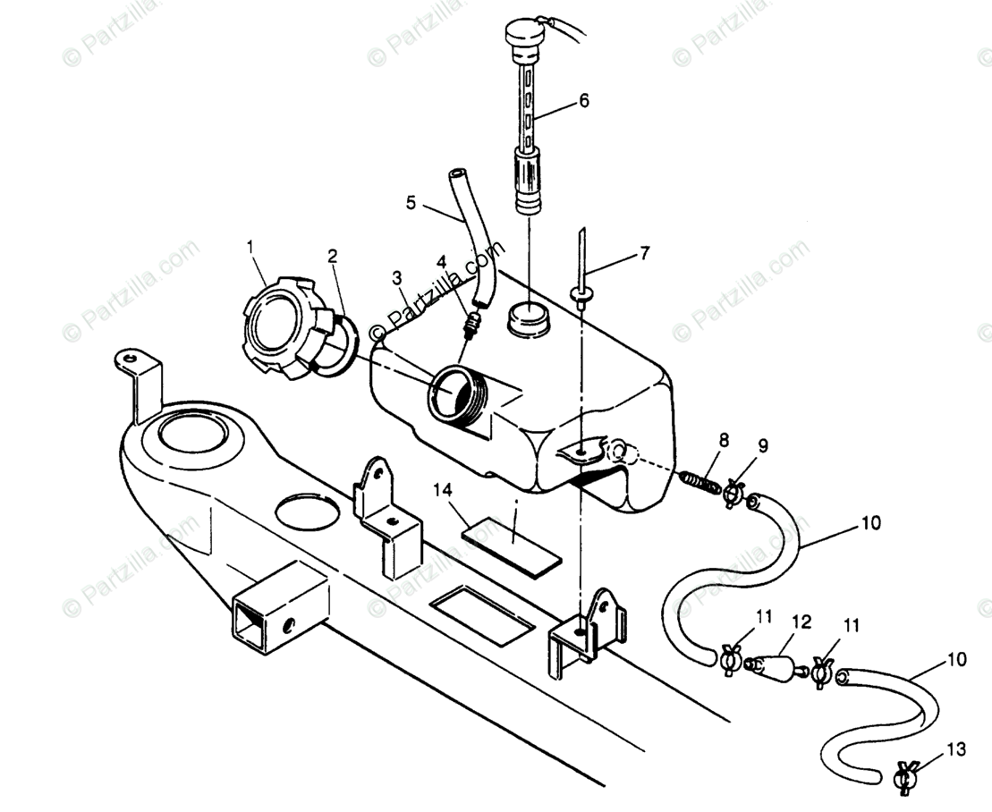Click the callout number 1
pyautogui.click(x=250, y=244)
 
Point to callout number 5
pyautogui.click(x=411, y=203)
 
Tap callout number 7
pyautogui.click(x=645, y=253)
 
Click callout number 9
pyautogui.click(x=762, y=444)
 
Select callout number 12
pyautogui.click(x=801, y=622)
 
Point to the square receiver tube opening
pyautogui.click(x=250, y=623)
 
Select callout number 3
pyautogui.click(x=396, y=278)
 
